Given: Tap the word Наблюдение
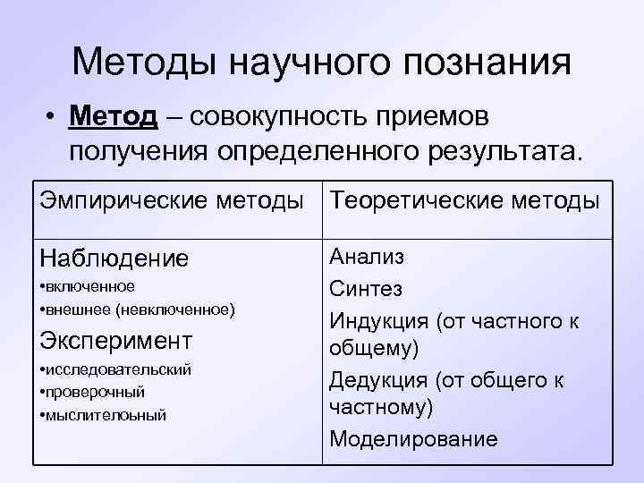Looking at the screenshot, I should [x=114, y=259].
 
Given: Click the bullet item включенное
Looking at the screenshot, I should [x=89, y=286].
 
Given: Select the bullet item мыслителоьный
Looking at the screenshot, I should [x=106, y=415].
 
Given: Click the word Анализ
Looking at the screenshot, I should [x=367, y=258].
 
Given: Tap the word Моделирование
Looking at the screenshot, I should [x=413, y=439].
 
